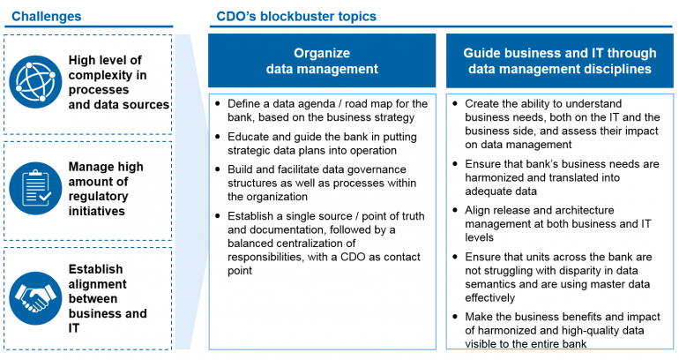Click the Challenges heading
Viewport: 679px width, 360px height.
pos(46,16)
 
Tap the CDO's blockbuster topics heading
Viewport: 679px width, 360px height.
pos(296,16)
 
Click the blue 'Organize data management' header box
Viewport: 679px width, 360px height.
pos(323,60)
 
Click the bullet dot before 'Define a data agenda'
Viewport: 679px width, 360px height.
pos(219,104)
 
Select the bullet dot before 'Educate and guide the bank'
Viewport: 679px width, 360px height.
pos(219,139)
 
